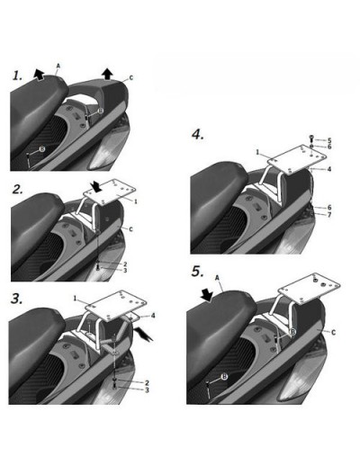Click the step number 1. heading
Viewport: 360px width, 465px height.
tap(17, 76)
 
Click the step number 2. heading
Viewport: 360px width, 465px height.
tap(18, 189)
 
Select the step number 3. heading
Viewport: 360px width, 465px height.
tap(17, 299)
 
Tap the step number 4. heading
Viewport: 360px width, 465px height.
tap(198, 135)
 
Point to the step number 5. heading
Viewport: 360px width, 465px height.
tap(197, 272)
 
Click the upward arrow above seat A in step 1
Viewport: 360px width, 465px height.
tap(39, 74)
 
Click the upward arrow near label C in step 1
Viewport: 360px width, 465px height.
tap(107, 74)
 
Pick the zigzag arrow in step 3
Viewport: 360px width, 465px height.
tap(144, 335)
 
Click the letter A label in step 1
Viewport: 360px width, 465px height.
tap(58, 66)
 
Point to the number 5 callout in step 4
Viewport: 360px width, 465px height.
tap(329, 140)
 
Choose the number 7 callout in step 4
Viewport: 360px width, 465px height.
tap(329, 215)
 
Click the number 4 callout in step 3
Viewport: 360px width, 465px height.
tap(153, 316)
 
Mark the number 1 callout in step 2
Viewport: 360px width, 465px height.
tap(136, 201)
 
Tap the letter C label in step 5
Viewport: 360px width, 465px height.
tap(333, 332)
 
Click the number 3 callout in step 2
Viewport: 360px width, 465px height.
tap(125, 271)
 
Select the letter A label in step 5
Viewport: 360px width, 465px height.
tap(218, 278)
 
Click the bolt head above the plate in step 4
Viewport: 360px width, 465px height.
tap(311, 139)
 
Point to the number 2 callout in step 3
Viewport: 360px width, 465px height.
tap(147, 383)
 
